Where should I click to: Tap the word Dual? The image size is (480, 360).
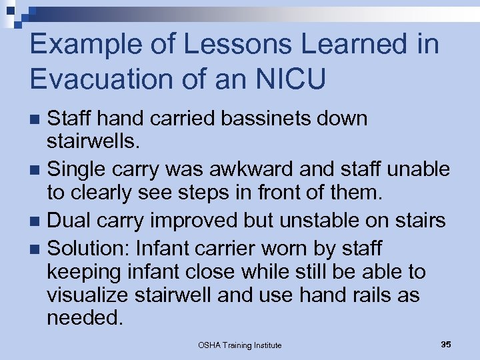click(71, 219)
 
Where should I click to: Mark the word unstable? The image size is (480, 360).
click(335, 219)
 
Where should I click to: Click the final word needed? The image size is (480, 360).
click(85, 317)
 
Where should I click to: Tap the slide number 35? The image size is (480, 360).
click(446, 344)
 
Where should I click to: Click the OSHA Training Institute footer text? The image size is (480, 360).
click(239, 345)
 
